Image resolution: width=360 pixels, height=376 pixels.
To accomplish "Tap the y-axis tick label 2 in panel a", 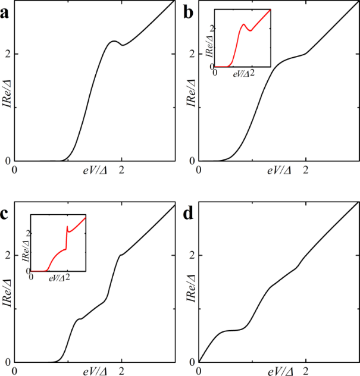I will (x=8, y=54).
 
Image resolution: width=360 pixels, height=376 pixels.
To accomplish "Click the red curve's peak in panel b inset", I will (x=244, y=24).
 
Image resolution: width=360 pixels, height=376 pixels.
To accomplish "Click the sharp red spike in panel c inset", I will (x=67, y=226).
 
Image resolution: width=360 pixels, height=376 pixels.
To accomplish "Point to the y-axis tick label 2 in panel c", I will (x=8, y=255).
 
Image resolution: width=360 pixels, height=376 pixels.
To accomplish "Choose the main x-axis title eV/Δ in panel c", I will (x=95, y=371).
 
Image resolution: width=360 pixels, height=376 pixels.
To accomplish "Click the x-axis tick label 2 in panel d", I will (x=306, y=371).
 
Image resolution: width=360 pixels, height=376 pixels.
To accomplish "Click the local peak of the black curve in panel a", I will (x=114, y=41).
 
